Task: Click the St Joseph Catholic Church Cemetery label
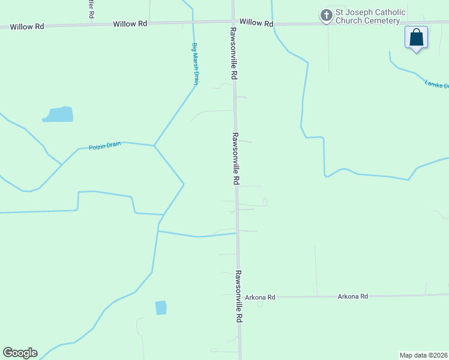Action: click(370, 16)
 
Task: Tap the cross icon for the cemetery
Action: click(326, 16)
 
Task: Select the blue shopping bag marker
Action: click(416, 38)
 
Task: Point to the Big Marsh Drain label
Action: click(195, 64)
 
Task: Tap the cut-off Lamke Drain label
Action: click(436, 85)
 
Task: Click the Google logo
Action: click(20, 353)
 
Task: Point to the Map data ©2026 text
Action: click(424, 355)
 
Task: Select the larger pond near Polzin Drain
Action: click(58, 114)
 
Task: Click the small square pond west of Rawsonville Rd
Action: click(161, 308)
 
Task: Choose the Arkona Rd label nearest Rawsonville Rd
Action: click(263, 297)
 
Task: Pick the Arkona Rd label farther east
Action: click(352, 296)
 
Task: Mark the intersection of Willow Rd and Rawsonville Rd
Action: click(233, 22)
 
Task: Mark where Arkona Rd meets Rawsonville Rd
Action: click(238, 296)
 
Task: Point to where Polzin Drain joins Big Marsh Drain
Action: click(154, 145)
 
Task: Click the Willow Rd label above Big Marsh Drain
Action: click(130, 23)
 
